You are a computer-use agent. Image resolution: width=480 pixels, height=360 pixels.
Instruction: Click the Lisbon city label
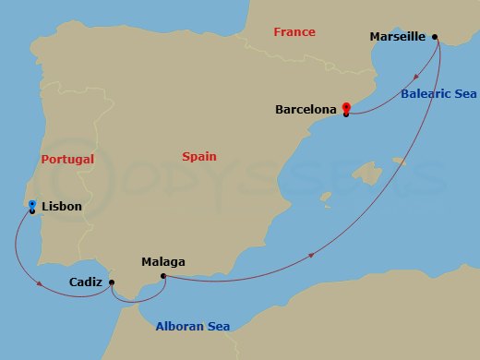point(62,207)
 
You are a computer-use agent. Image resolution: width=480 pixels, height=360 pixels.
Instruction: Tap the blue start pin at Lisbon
point(32,205)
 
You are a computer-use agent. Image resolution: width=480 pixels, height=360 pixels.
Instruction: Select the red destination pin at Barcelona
point(346,107)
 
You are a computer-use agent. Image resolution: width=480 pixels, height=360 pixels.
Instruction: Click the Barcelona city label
point(306,109)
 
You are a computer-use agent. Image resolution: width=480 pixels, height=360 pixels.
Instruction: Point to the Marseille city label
point(397,37)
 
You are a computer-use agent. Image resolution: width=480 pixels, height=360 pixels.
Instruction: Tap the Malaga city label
point(162,262)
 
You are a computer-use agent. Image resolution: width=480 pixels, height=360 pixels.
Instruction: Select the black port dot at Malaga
point(163,276)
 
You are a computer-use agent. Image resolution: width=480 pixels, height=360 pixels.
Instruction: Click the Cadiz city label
point(87,282)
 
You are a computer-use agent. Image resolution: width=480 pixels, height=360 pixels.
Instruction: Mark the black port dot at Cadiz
point(112,283)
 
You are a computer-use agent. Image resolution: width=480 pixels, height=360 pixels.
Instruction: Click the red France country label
point(294,32)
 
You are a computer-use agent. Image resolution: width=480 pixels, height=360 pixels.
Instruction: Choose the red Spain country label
point(199,157)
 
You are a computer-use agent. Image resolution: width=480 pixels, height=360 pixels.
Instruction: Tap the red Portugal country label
point(68,159)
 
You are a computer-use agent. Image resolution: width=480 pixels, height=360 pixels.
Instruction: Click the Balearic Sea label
point(439,93)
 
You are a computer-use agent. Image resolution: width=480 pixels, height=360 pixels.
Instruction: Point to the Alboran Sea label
point(193,326)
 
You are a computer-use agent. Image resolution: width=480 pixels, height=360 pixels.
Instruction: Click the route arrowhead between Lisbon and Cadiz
point(40,283)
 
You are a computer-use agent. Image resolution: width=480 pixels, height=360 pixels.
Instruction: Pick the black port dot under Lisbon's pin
point(32,211)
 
